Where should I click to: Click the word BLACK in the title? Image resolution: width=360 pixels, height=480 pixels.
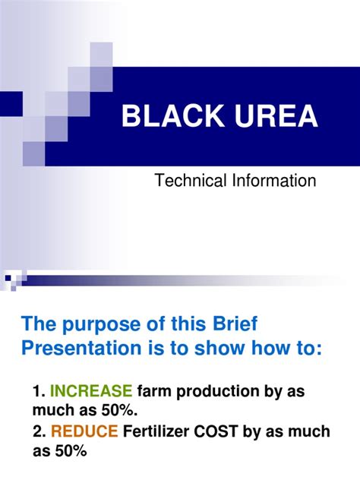tap(168, 118)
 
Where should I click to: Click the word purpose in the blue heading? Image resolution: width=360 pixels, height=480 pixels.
tap(98, 325)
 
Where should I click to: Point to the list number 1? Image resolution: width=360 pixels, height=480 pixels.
tap(39, 391)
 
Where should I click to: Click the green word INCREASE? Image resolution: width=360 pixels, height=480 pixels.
tap(91, 391)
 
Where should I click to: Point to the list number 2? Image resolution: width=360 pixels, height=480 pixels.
tap(39, 431)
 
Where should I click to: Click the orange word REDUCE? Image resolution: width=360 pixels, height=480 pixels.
tap(84, 431)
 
